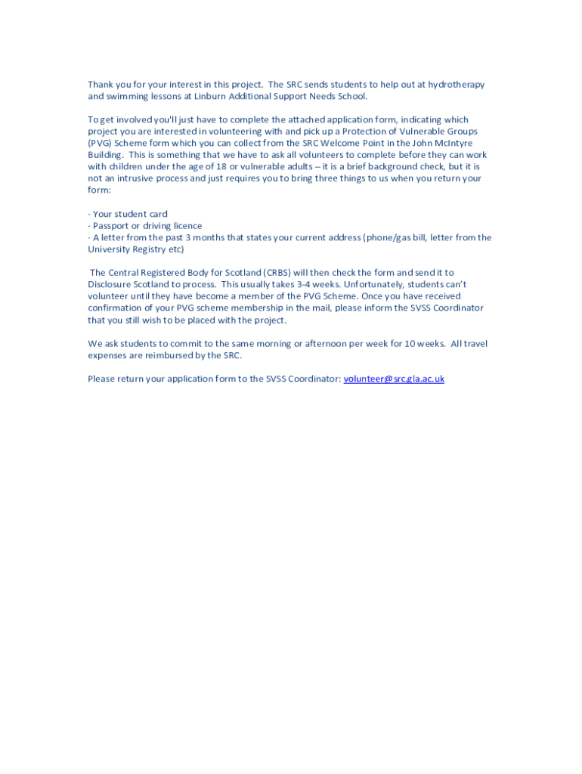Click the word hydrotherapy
[x=456, y=85]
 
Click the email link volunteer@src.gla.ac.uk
[x=394, y=379]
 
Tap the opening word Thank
[x=101, y=85]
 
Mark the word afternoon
[x=326, y=344]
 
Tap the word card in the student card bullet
[x=158, y=215]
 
